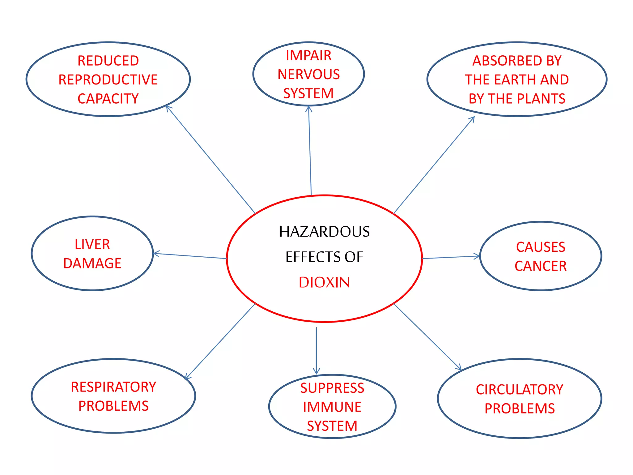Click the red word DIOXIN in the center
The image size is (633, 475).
(x=324, y=282)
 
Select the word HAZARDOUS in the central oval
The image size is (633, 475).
(x=324, y=232)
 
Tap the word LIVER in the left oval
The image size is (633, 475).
(x=92, y=244)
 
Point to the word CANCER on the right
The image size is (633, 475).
(x=541, y=266)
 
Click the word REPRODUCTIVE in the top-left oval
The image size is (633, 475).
(x=108, y=80)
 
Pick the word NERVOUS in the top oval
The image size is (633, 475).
(x=309, y=75)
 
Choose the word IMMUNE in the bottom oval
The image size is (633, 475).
(x=332, y=407)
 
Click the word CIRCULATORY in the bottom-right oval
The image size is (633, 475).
(x=520, y=390)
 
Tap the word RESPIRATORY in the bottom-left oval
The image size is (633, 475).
(x=113, y=387)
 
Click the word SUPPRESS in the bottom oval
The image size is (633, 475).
(x=332, y=388)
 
